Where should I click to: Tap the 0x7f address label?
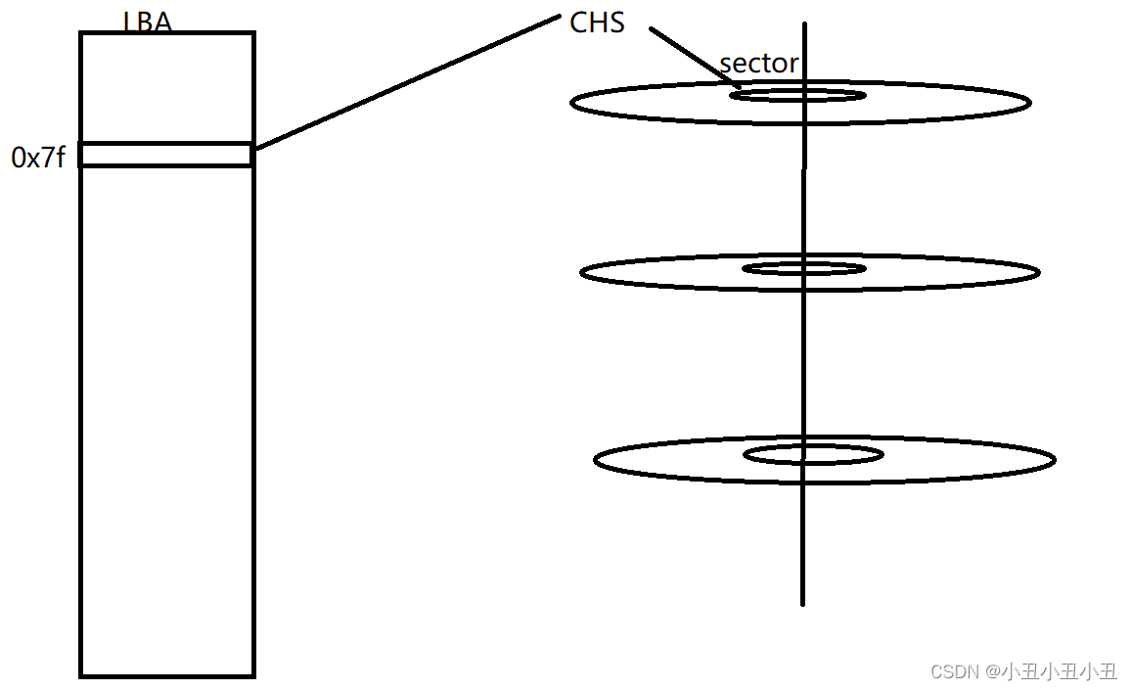coord(38,157)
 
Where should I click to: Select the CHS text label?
coord(597,23)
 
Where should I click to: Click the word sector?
coord(759,64)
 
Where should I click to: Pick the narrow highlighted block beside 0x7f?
coord(166,155)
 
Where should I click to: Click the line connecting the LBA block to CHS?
coord(406,82)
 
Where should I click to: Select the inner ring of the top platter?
coord(797,95)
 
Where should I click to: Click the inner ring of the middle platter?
coord(804,268)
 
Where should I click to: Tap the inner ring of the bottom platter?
coord(813,454)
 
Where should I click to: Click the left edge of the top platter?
coord(572,102)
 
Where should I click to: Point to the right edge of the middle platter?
coord(1038,272)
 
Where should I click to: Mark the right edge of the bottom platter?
coord(1054,459)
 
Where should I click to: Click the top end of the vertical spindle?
coord(804,25)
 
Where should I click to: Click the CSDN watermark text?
coord(1023,671)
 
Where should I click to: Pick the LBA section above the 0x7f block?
coord(166,88)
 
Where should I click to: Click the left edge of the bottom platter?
coord(595,459)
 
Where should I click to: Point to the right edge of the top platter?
coord(1029,102)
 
